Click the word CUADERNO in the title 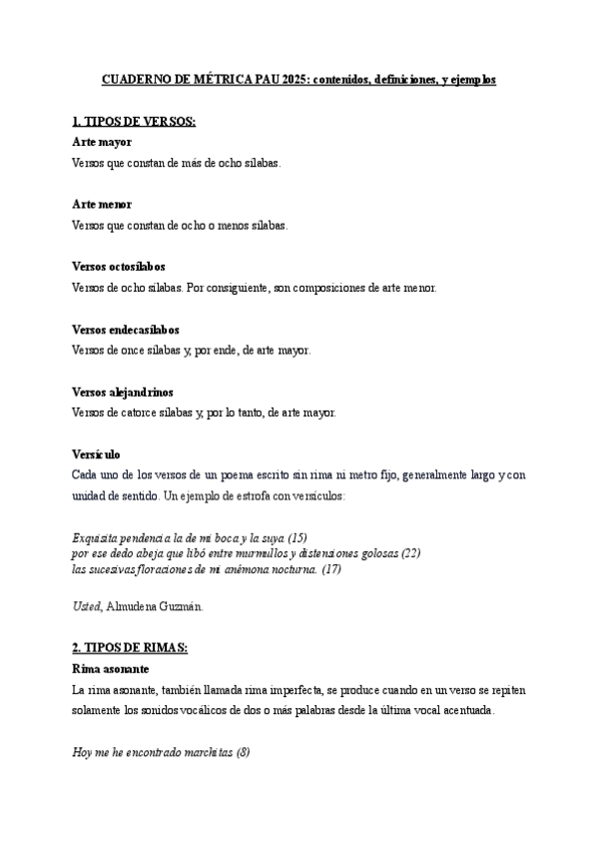[x=137, y=77]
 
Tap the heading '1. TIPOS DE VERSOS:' [x=134, y=122]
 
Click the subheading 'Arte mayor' [x=101, y=142]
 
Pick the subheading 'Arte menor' [x=102, y=204]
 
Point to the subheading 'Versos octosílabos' [x=119, y=267]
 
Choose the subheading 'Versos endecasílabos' [x=126, y=329]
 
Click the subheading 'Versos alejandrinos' [x=122, y=392]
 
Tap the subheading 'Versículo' [x=96, y=453]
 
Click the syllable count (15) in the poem [x=298, y=537]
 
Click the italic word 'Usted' [x=86, y=605]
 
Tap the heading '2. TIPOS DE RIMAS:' [x=130, y=647]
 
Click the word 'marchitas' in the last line [x=207, y=751]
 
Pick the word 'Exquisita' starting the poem [x=96, y=537]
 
